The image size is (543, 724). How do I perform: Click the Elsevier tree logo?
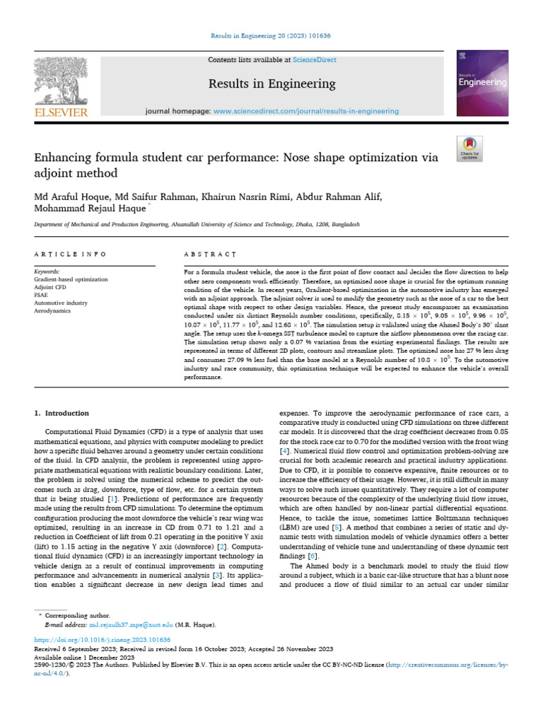pos(61,81)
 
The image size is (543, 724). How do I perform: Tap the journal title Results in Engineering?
pos(271,84)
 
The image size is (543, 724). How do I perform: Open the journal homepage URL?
pos(305,111)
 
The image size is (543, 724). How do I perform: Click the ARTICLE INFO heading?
pos(71,254)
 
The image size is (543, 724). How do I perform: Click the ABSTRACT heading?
pos(210,254)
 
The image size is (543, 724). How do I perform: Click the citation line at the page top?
pos(271,35)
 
